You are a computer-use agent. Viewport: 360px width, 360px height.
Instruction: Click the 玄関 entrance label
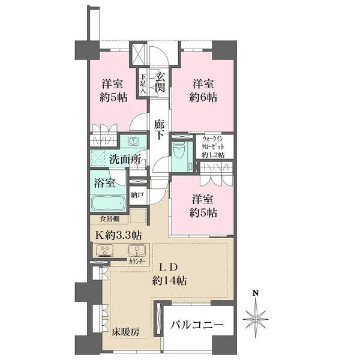click(x=160, y=82)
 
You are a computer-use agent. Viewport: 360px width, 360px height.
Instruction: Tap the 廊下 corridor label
click(x=159, y=130)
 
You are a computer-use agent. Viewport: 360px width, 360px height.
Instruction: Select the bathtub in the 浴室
click(x=107, y=203)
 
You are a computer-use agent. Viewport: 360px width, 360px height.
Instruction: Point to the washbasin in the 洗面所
click(x=133, y=141)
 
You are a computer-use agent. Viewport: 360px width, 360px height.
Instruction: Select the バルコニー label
click(x=197, y=325)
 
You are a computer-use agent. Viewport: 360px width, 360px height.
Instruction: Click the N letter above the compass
click(x=256, y=293)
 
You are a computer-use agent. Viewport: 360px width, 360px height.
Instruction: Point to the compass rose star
click(x=256, y=319)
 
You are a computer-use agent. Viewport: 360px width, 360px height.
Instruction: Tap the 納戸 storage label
click(x=137, y=195)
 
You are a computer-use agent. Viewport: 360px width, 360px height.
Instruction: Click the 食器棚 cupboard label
click(x=110, y=219)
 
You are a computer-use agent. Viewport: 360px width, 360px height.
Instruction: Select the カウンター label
click(x=137, y=261)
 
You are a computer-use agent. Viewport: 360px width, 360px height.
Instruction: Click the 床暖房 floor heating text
click(x=126, y=332)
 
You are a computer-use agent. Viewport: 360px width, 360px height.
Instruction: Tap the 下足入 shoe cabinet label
click(x=143, y=83)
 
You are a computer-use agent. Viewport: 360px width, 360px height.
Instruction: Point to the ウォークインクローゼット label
click(x=213, y=147)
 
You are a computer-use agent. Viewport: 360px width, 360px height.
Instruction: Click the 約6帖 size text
click(x=203, y=98)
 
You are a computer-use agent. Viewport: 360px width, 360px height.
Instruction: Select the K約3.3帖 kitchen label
click(x=119, y=235)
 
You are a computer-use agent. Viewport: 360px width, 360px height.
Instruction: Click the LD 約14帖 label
click(x=169, y=274)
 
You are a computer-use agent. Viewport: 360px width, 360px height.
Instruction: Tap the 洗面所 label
click(x=125, y=160)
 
